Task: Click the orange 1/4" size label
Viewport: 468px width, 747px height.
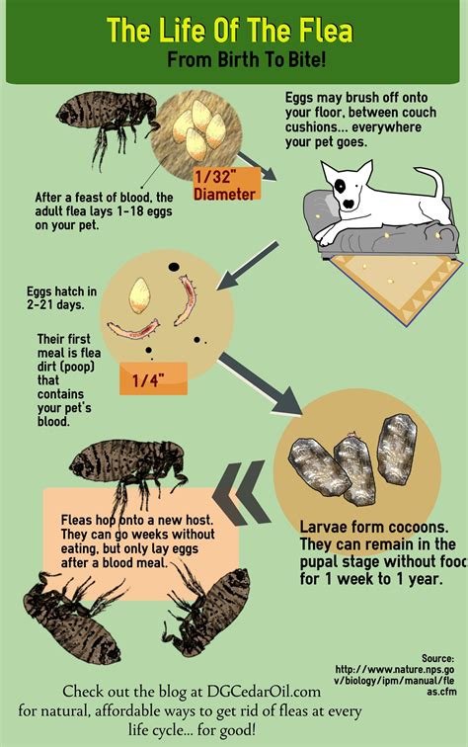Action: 153,377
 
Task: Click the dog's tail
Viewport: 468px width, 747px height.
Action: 433,183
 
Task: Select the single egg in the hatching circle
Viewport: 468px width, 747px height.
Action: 142,292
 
